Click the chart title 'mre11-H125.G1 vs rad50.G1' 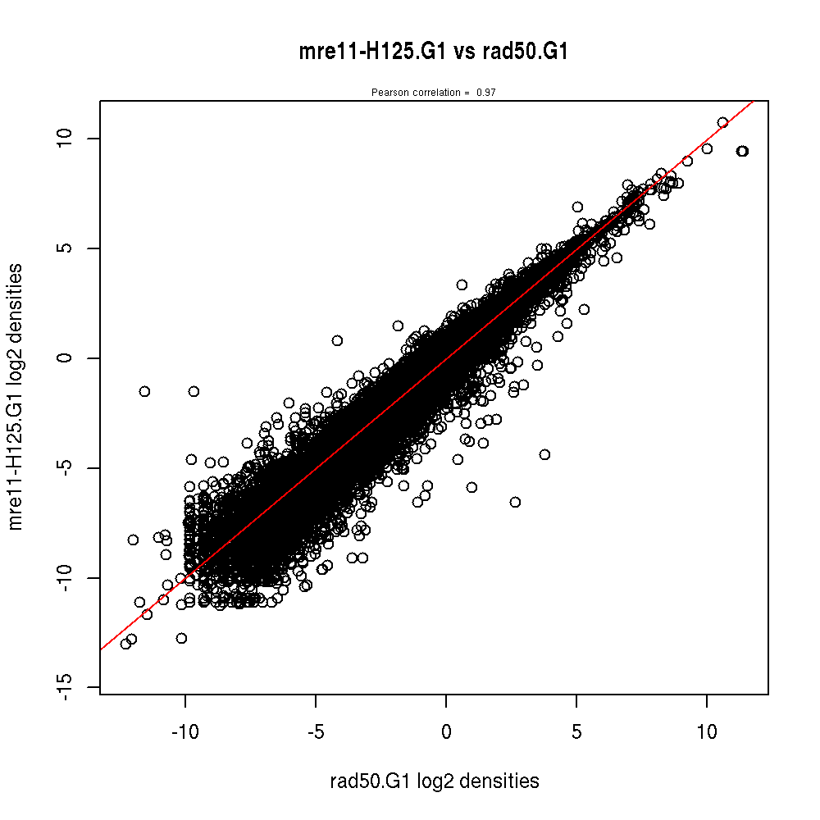click(434, 52)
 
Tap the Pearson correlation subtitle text click(433, 93)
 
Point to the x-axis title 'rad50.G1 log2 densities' click(434, 781)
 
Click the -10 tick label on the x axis click(185, 731)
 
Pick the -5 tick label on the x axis click(316, 731)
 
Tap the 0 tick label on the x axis click(446, 731)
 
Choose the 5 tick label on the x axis click(576, 731)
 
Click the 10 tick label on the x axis click(707, 731)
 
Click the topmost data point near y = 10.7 click(722, 122)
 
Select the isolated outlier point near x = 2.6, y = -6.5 click(515, 502)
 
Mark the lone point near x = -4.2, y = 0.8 click(337, 340)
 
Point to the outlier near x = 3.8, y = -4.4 click(544, 454)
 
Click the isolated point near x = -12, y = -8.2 click(133, 540)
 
